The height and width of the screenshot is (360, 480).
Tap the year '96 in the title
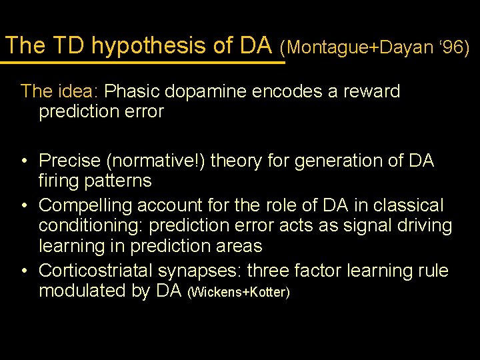[x=455, y=47]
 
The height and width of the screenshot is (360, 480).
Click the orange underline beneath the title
[x=143, y=63]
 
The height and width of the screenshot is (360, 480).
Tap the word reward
[x=373, y=91]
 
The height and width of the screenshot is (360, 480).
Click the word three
[x=293, y=271]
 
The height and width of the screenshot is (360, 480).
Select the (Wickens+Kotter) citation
[x=239, y=293]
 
